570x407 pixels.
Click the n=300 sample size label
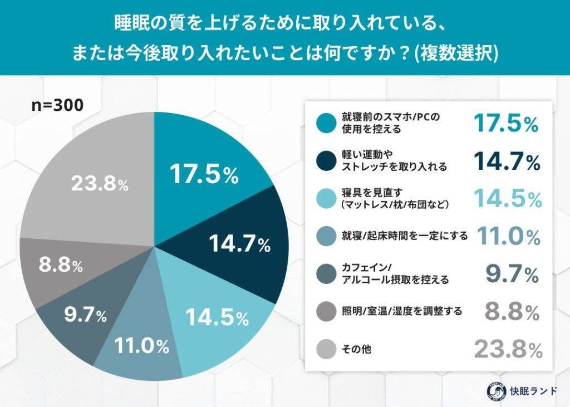[x=57, y=105]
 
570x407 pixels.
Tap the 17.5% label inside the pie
[x=204, y=175]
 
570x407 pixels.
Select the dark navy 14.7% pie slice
[x=245, y=245]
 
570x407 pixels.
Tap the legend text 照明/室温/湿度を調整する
[x=401, y=311]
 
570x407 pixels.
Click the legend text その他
[x=356, y=349]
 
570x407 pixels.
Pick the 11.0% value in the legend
[x=506, y=236]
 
